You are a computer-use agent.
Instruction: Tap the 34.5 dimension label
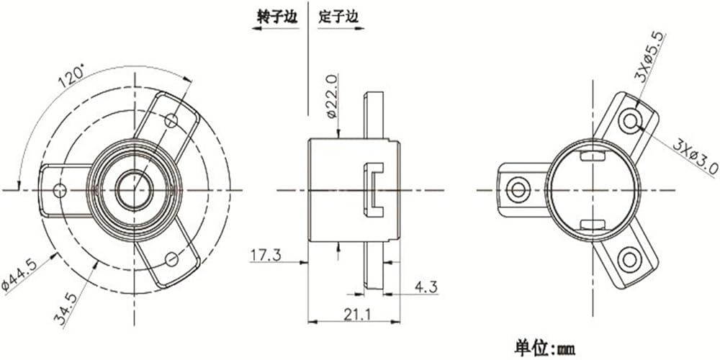pyautogui.click(x=70, y=310)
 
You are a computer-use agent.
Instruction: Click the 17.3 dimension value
pyautogui.click(x=266, y=255)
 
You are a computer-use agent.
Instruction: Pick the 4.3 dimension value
pyautogui.click(x=426, y=287)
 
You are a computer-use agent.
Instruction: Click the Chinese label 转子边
pyautogui.click(x=277, y=17)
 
